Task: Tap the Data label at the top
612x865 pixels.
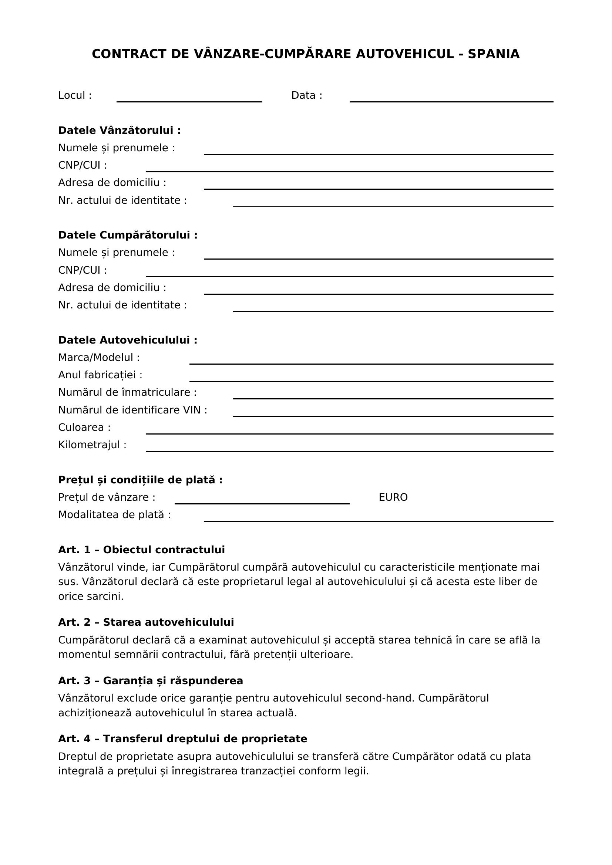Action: point(306,95)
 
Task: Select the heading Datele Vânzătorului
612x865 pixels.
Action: point(120,130)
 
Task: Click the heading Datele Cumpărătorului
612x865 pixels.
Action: point(128,235)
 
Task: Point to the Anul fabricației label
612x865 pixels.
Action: point(100,375)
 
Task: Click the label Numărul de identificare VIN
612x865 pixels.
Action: point(133,410)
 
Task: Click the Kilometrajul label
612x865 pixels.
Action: point(93,445)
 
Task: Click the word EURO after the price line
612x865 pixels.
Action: point(393,497)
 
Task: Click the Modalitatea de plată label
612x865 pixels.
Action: point(114,515)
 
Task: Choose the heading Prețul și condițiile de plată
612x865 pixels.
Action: point(140,480)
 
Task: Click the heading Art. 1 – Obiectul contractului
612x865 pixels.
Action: point(141,550)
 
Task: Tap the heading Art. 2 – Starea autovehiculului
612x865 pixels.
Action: point(146,622)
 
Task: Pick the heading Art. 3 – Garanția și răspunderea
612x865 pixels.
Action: point(150,680)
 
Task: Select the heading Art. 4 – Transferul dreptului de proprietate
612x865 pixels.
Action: point(182,739)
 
